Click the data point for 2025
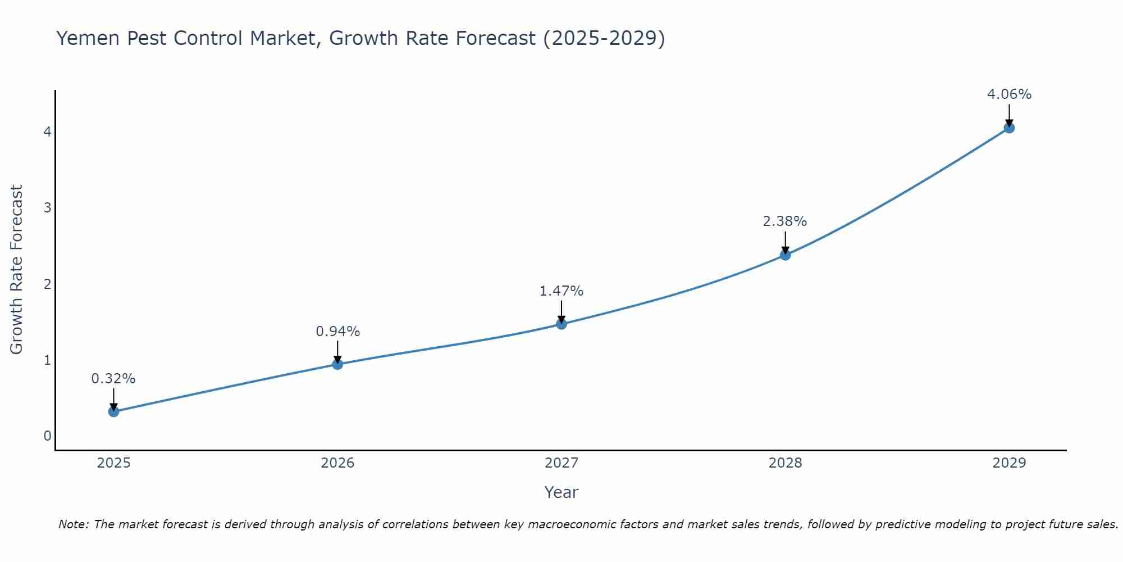pyautogui.click(x=113, y=411)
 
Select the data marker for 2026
pyautogui.click(x=337, y=364)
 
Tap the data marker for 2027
pyautogui.click(x=561, y=324)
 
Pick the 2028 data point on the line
pyautogui.click(x=785, y=255)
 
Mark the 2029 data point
pyautogui.click(x=1009, y=128)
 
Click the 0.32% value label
pyautogui.click(x=113, y=379)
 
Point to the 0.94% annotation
pyautogui.click(x=337, y=332)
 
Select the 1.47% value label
pyautogui.click(x=561, y=291)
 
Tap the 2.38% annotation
pyautogui.click(x=785, y=221)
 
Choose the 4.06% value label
pyautogui.click(x=1009, y=94)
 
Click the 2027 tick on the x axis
pyautogui.click(x=561, y=463)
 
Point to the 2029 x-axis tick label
pyautogui.click(x=1009, y=463)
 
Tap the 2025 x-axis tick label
pyautogui.click(x=113, y=463)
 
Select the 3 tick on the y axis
pyautogui.click(x=47, y=208)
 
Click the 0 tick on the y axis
pyautogui.click(x=47, y=436)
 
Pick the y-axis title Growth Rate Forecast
pyautogui.click(x=16, y=270)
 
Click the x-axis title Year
pyautogui.click(x=561, y=492)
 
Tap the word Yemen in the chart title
pyautogui.click(x=88, y=38)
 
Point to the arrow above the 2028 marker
pyautogui.click(x=785, y=242)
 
